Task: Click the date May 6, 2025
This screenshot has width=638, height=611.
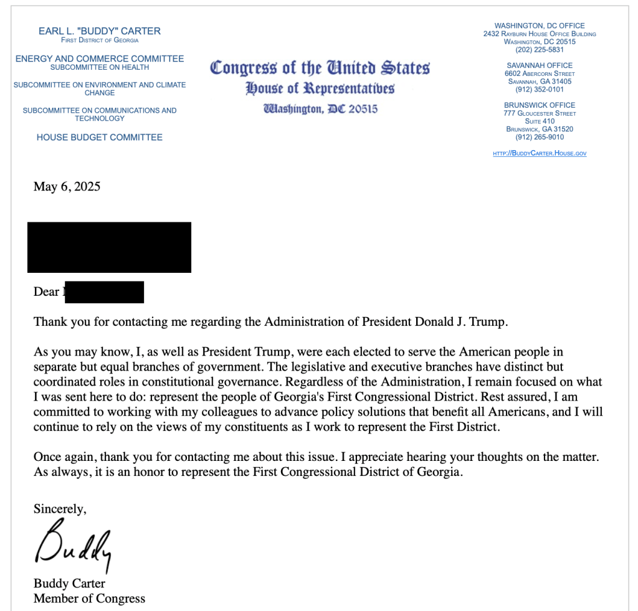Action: tap(67, 186)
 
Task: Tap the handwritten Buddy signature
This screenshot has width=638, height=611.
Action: tap(73, 546)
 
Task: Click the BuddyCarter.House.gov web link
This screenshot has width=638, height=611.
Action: tap(540, 153)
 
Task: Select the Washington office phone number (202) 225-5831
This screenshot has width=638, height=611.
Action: tap(540, 50)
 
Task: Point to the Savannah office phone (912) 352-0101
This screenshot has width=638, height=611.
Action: tap(540, 89)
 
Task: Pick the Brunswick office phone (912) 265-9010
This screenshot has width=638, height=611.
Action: tap(540, 137)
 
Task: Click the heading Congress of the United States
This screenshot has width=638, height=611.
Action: tap(320, 67)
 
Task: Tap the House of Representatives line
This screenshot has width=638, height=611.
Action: tap(320, 88)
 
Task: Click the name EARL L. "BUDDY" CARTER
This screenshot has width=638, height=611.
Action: tap(100, 31)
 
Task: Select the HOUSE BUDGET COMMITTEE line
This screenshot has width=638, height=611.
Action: tap(100, 137)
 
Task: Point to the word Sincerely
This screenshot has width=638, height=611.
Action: tap(60, 509)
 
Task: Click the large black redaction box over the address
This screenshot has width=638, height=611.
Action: tap(109, 247)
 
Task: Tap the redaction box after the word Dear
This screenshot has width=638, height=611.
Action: tap(104, 292)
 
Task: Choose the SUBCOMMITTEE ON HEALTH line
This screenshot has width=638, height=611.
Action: tap(100, 67)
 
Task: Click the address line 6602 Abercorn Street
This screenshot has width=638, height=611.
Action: tap(540, 73)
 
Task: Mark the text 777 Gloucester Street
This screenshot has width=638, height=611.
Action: tap(540, 113)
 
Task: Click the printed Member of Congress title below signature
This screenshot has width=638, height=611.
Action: tap(89, 599)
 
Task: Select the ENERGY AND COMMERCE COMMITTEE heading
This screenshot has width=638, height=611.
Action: tap(100, 59)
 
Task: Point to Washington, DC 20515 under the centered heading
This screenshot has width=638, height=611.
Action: tap(320, 109)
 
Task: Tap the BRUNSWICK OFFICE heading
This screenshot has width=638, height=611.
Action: tap(540, 105)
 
